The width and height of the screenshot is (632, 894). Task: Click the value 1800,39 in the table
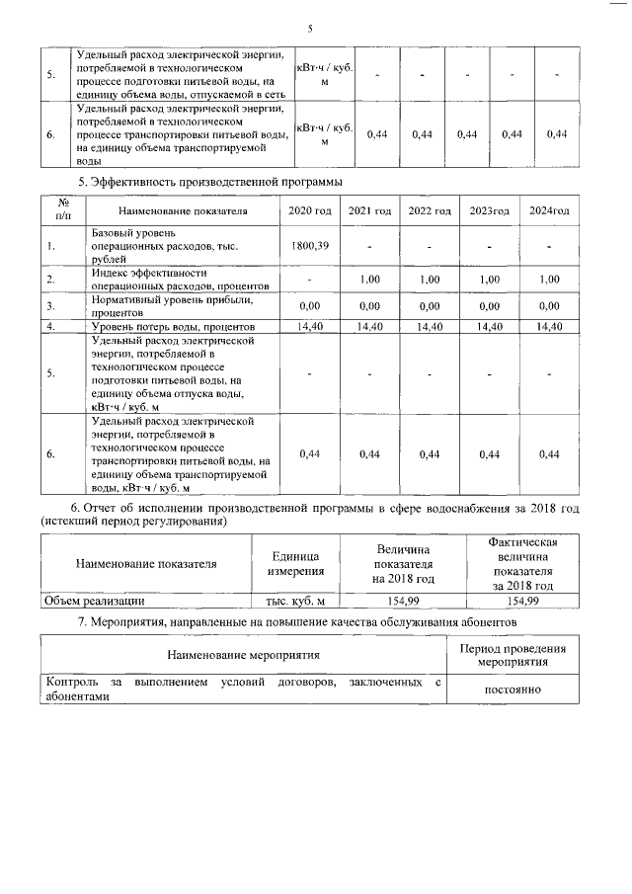pyautogui.click(x=309, y=244)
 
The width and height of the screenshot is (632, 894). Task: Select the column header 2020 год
pyautogui.click(x=309, y=211)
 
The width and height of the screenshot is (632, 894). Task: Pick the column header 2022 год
pyautogui.click(x=430, y=211)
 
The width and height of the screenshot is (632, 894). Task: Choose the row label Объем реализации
pyautogui.click(x=96, y=600)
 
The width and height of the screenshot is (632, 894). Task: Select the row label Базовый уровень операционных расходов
pyautogui.click(x=163, y=244)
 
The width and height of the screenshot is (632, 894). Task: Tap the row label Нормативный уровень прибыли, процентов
pyautogui.click(x=173, y=305)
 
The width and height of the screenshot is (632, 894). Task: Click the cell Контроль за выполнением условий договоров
pyautogui.click(x=243, y=689)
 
